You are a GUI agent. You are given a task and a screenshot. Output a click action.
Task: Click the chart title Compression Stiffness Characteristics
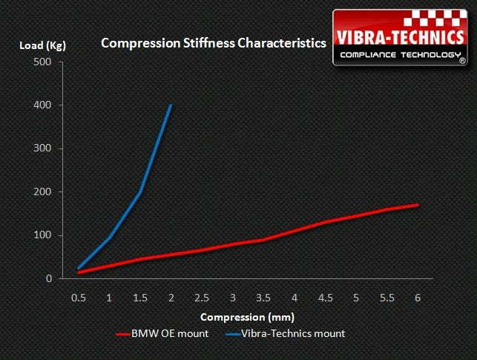coord(213,44)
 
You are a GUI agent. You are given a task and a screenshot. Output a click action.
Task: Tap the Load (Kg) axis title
coord(43,46)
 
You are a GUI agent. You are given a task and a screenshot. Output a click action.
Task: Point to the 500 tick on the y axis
coord(43,62)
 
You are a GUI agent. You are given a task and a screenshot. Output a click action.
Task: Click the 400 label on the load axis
coord(43,105)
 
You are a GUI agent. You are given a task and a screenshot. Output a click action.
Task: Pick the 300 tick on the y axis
coord(43,149)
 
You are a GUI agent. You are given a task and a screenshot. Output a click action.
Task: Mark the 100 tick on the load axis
coord(43,236)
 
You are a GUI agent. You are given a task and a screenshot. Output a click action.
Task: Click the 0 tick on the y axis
coord(49,279)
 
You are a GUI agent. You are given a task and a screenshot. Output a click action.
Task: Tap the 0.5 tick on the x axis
coord(79,297)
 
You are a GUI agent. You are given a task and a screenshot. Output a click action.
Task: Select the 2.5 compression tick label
coord(202,297)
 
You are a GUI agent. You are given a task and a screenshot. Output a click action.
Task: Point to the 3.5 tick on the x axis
coord(263,297)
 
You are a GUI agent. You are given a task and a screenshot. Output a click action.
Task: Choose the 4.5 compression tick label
coord(325,297)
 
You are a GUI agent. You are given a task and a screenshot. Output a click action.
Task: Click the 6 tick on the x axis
coord(418,297)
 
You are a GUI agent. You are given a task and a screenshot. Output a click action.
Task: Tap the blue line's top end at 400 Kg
coord(171,105)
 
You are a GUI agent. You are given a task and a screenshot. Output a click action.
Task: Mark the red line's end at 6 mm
coord(418,205)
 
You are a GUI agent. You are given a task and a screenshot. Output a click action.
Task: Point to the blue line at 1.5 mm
coord(140,192)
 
